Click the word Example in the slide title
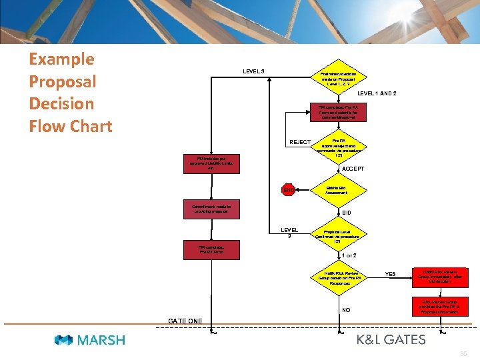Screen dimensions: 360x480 tap(61, 59)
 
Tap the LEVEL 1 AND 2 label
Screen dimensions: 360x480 tap(377, 93)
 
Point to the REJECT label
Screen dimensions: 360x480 tap(300, 142)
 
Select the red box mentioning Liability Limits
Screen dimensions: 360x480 tap(211, 163)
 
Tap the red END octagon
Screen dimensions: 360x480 tap(288, 191)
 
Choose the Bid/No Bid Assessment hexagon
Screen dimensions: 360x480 tap(338, 190)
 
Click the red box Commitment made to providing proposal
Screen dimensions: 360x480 tap(212, 209)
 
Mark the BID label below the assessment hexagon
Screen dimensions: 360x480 tap(346, 213)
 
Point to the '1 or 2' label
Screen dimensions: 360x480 tap(349, 256)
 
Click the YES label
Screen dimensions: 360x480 tap(391, 273)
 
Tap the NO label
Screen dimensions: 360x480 tap(345, 310)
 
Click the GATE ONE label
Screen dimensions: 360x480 tap(185, 321)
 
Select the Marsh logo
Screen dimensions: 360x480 tap(89, 340)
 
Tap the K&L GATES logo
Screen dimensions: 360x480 tap(391, 340)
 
